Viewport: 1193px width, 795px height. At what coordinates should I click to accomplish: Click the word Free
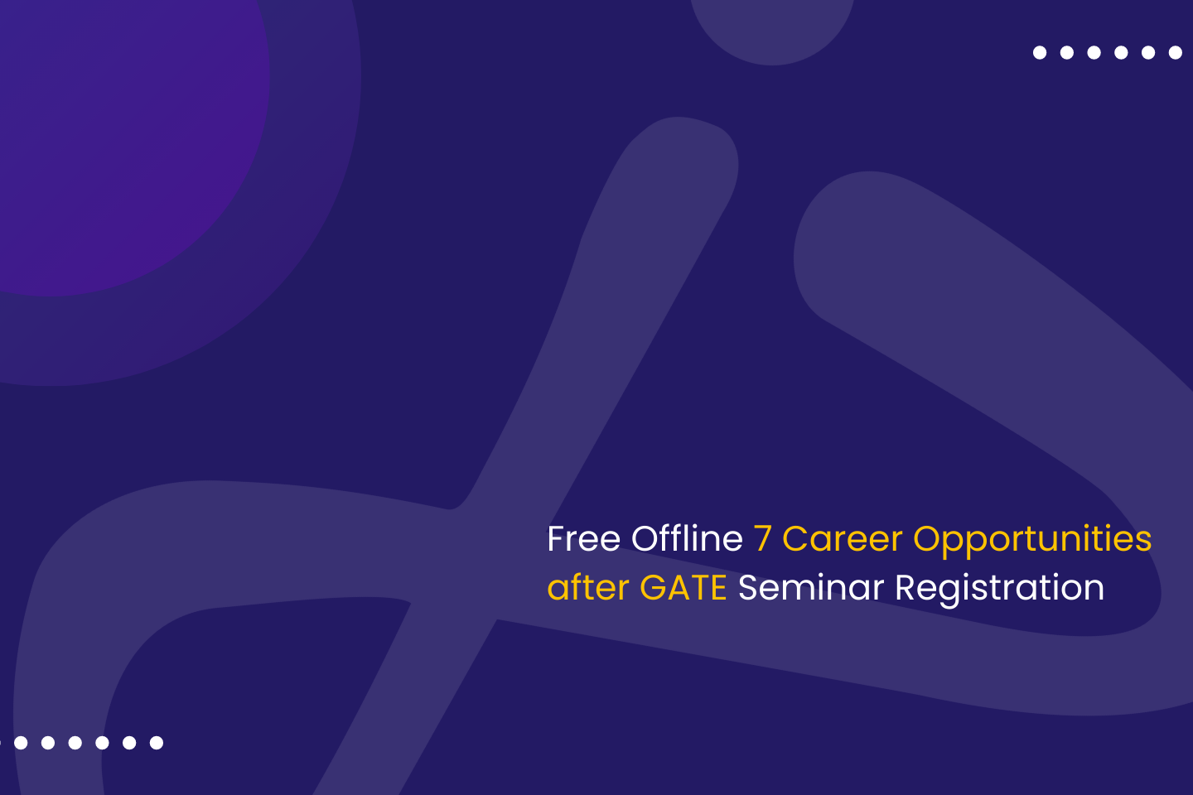point(584,539)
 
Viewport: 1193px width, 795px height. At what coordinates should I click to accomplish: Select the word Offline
point(687,537)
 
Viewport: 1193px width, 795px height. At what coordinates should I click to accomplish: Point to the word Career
point(843,539)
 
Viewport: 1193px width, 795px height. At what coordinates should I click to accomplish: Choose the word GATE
point(683,588)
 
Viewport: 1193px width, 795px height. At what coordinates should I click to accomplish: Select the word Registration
point(1000,590)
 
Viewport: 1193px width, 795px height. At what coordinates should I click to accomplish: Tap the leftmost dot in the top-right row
point(1040,53)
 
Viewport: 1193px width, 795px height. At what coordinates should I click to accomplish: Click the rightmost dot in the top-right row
point(1176,53)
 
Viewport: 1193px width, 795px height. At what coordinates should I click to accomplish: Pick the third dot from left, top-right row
point(1094,53)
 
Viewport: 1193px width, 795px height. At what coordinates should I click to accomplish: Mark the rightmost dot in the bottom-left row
point(157,743)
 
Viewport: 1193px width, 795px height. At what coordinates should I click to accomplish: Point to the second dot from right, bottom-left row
point(129,743)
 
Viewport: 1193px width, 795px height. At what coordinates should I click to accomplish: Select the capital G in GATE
point(653,588)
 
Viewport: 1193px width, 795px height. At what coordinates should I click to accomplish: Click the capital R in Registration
point(906,588)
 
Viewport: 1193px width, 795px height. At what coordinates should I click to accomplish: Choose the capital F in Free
point(556,539)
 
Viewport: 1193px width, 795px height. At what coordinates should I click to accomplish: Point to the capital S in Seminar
point(748,588)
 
